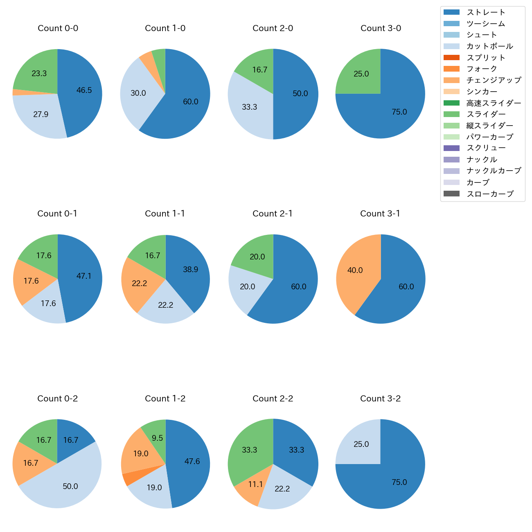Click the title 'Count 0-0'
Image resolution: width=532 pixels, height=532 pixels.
(58, 28)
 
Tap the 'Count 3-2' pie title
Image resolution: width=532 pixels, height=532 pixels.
(380, 399)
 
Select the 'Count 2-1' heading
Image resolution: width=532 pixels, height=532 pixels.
(273, 214)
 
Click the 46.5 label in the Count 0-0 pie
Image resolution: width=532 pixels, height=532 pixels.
(84, 90)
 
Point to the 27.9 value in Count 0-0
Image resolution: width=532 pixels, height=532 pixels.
(41, 115)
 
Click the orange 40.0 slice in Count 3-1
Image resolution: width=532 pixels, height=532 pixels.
(355, 271)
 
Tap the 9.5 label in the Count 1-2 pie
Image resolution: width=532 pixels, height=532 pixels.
(158, 438)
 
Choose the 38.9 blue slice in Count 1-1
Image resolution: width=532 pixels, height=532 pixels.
(191, 270)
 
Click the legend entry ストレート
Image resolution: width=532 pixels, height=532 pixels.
(486, 12)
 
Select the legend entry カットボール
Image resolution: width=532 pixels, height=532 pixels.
(489, 46)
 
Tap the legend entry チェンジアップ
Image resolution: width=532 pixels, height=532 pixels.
(494, 80)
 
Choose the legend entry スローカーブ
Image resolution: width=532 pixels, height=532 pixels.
(490, 194)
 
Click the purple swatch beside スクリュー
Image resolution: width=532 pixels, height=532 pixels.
(451, 148)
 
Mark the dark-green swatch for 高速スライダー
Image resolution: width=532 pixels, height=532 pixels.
(451, 103)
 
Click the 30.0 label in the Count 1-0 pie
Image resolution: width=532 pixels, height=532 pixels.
(138, 93)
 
